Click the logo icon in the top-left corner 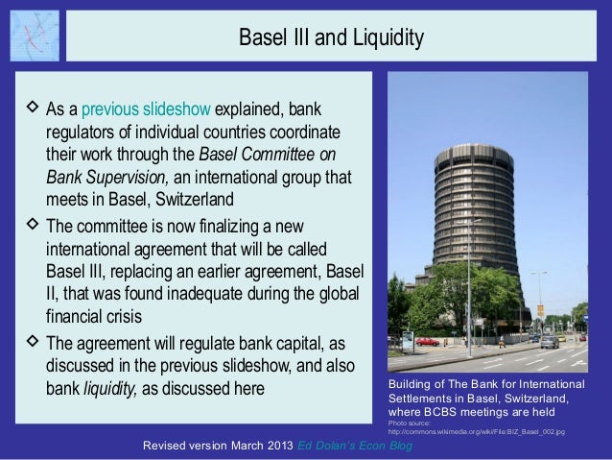point(34,36)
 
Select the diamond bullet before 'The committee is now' point(28,227)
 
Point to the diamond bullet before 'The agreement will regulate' point(28,343)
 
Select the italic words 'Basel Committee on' point(267,154)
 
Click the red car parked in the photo point(428,341)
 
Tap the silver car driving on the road point(549,342)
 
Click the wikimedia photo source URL point(476,432)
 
